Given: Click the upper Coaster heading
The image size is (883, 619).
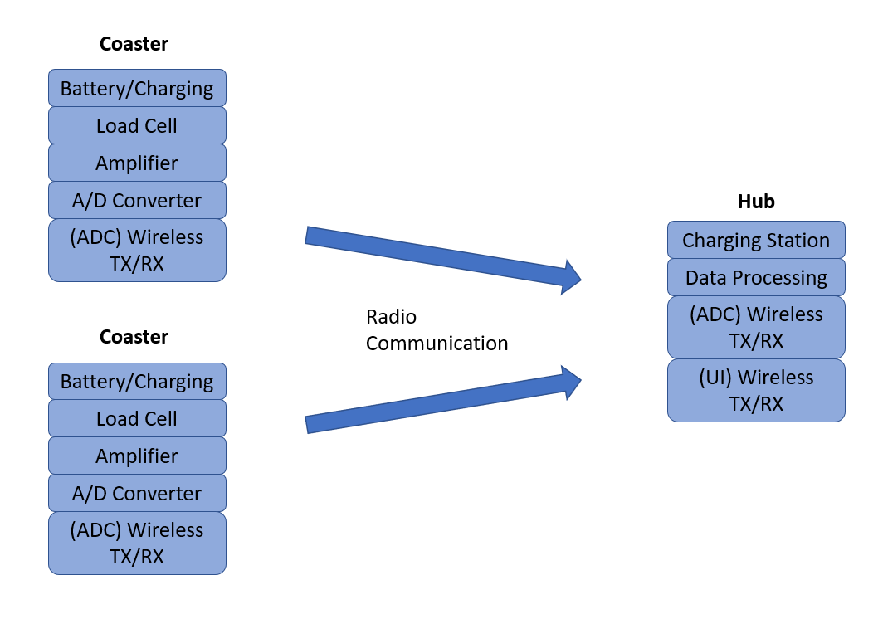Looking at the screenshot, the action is pyautogui.click(x=134, y=44).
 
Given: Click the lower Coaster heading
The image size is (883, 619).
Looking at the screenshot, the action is pyautogui.click(x=134, y=337).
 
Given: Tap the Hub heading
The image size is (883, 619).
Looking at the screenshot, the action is pyautogui.click(x=756, y=202).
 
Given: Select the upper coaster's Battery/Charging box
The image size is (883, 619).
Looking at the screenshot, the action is pyautogui.click(x=138, y=89).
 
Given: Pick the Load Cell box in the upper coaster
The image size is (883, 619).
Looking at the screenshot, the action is pyautogui.click(x=138, y=125).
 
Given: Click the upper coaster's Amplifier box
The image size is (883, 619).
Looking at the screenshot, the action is pyautogui.click(x=138, y=163).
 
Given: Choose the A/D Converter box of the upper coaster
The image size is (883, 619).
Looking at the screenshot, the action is pyautogui.click(x=138, y=200).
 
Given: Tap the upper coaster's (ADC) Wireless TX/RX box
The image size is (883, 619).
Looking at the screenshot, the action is pyautogui.click(x=138, y=250).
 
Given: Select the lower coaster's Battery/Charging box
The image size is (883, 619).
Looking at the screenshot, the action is pyautogui.click(x=138, y=382).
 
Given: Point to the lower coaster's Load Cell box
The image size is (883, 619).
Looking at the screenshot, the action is pyautogui.click(x=138, y=418).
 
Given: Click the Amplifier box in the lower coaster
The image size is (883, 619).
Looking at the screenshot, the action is pyautogui.click(x=138, y=456).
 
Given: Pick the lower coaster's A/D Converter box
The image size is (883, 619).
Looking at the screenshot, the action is pyautogui.click(x=138, y=493).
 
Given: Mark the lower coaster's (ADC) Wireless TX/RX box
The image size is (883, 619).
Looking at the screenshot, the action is pyautogui.click(x=138, y=543).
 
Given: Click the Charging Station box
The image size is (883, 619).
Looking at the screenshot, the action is pyautogui.click(x=756, y=240).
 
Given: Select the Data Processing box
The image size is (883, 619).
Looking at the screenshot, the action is pyautogui.click(x=756, y=277).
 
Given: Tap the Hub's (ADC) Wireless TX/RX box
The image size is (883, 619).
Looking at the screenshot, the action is pyautogui.click(x=756, y=327).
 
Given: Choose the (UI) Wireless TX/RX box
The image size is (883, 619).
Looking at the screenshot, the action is pyautogui.click(x=756, y=390).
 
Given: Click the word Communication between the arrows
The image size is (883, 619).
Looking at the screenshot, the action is pyautogui.click(x=437, y=343).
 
